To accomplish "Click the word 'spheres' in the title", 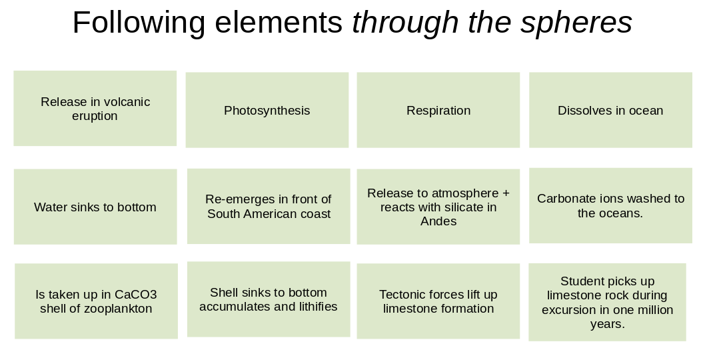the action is click(576, 23).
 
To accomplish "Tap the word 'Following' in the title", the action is click(139, 23).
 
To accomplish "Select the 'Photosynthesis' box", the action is click(267, 110).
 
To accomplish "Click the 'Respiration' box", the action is click(438, 110).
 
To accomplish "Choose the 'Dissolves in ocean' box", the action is click(610, 110).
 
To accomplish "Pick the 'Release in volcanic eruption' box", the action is click(95, 108).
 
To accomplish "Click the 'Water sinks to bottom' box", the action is click(95, 207).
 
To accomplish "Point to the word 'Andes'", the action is click(438, 221).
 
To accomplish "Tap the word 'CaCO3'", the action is click(135, 295).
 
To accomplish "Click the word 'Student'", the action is click(582, 281).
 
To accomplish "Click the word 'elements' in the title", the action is click(279, 23).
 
